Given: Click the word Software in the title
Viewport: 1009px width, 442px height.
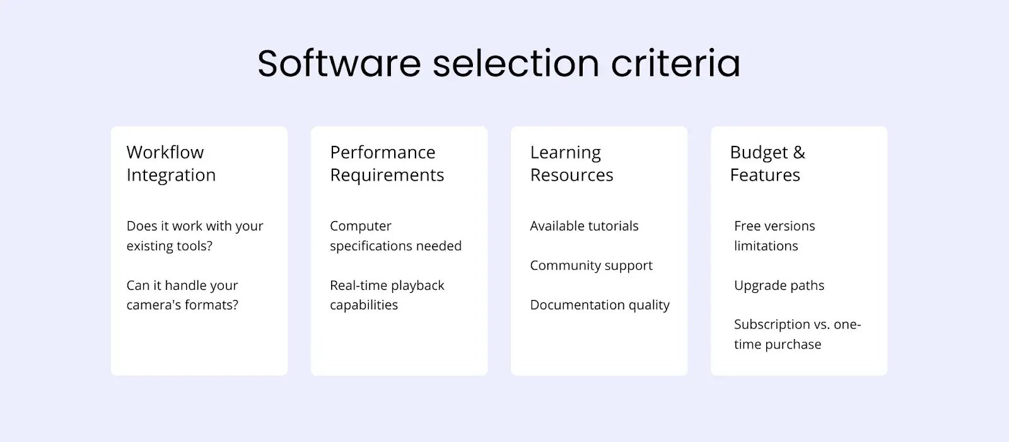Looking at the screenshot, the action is click(x=339, y=63).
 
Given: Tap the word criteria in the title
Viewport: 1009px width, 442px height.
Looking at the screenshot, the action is click(x=675, y=63).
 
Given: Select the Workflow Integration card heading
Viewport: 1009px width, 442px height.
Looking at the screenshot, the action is click(x=171, y=164).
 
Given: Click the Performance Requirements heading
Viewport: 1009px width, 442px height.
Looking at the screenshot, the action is click(x=387, y=164).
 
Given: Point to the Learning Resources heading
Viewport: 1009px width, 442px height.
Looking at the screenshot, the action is click(x=571, y=164).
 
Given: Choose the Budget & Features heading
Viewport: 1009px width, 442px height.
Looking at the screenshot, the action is click(x=767, y=164).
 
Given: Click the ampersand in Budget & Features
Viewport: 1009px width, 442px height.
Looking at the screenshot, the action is click(x=799, y=152).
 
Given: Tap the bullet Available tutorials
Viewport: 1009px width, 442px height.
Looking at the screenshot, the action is click(x=584, y=225).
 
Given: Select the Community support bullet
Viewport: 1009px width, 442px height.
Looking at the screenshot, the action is click(x=591, y=265).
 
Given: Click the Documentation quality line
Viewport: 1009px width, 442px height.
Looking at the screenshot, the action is click(x=600, y=305).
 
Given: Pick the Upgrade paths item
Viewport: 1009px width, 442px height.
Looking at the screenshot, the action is click(x=779, y=285).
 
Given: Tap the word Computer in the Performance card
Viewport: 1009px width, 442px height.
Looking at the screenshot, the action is click(x=361, y=226).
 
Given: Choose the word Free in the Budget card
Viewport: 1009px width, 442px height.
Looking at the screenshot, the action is click(x=748, y=225).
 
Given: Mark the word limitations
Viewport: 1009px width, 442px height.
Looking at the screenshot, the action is click(x=766, y=246).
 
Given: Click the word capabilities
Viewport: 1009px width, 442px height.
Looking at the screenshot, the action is click(x=364, y=305).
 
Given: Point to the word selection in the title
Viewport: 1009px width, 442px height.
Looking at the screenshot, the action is click(x=516, y=63).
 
